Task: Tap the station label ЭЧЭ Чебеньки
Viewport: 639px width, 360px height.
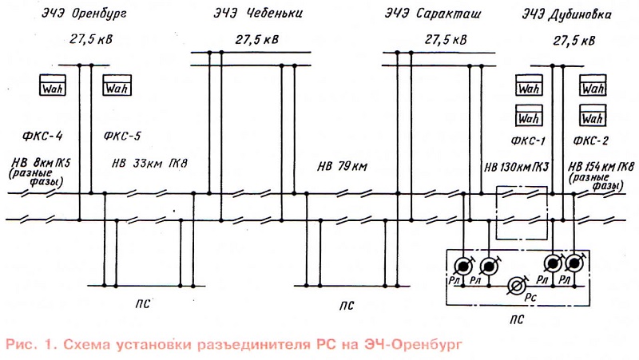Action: coord(254,14)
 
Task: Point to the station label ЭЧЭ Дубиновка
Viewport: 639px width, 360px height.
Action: coord(568,14)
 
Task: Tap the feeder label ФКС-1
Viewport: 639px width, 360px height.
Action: coord(527,141)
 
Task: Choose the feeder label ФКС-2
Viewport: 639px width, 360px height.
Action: coord(591,141)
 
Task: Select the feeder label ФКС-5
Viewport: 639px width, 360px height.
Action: coord(122,136)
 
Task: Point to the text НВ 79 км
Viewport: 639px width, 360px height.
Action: coord(342,167)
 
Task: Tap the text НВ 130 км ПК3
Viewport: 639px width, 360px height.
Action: coord(517,167)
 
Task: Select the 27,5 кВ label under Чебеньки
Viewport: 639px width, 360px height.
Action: coord(257,38)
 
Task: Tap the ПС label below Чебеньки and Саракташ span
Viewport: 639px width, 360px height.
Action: coord(345,305)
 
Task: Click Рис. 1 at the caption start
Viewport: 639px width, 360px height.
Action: coord(29,345)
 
